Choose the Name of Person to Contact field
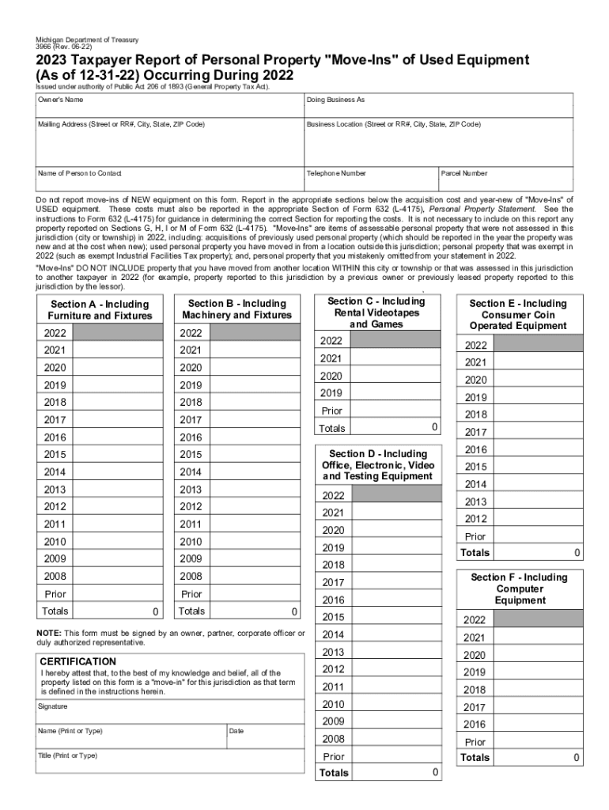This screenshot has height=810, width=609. (x=169, y=180)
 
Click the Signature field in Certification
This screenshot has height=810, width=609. (x=169, y=712)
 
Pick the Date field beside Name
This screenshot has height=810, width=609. (x=265, y=737)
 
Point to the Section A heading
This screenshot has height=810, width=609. (x=100, y=310)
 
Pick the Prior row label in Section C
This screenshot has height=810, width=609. (x=332, y=411)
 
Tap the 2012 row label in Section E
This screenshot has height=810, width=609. (x=476, y=519)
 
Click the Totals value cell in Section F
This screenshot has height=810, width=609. (x=539, y=758)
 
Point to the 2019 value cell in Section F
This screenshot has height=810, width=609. (x=539, y=672)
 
